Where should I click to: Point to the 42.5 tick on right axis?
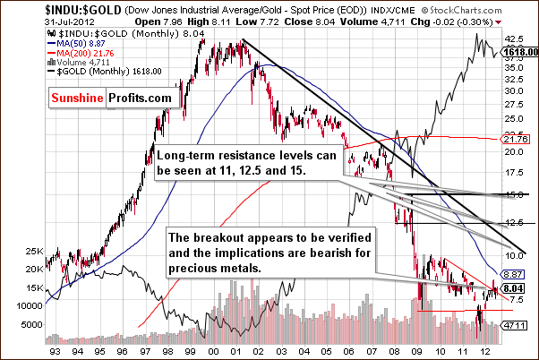(513, 39)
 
